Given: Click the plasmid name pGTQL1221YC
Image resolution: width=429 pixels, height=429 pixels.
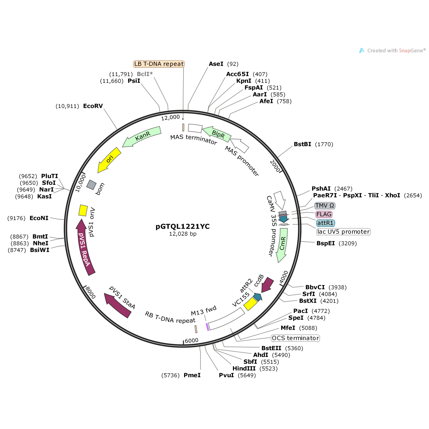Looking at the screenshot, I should click(182, 226).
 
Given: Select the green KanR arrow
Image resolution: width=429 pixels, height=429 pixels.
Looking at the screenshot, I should click(142, 136).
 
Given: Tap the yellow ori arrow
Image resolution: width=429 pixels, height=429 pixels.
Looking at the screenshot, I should click(109, 160).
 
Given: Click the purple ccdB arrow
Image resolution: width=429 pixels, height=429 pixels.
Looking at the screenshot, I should click(267, 285).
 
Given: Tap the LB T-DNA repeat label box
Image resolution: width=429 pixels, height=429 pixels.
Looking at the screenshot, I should click(159, 64).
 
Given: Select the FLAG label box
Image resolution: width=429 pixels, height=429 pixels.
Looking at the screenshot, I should click(324, 214).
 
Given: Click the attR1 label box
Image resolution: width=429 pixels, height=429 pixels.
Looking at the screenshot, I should click(325, 223).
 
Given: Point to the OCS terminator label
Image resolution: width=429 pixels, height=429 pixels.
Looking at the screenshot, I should click(295, 338).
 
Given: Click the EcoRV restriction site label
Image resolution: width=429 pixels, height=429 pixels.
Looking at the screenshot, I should click(93, 106).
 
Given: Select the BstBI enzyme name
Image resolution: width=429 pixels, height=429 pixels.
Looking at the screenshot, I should click(302, 144).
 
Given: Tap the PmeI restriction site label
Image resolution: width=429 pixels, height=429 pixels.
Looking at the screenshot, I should click(192, 375).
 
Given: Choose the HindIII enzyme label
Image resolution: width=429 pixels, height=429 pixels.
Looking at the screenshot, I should click(244, 368).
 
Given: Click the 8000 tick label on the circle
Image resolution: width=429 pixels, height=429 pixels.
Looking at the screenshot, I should click(90, 292).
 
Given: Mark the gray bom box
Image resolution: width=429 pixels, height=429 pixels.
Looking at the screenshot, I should click(91, 185).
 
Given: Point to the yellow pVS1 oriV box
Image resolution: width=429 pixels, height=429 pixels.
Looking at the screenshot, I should click(83, 210).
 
